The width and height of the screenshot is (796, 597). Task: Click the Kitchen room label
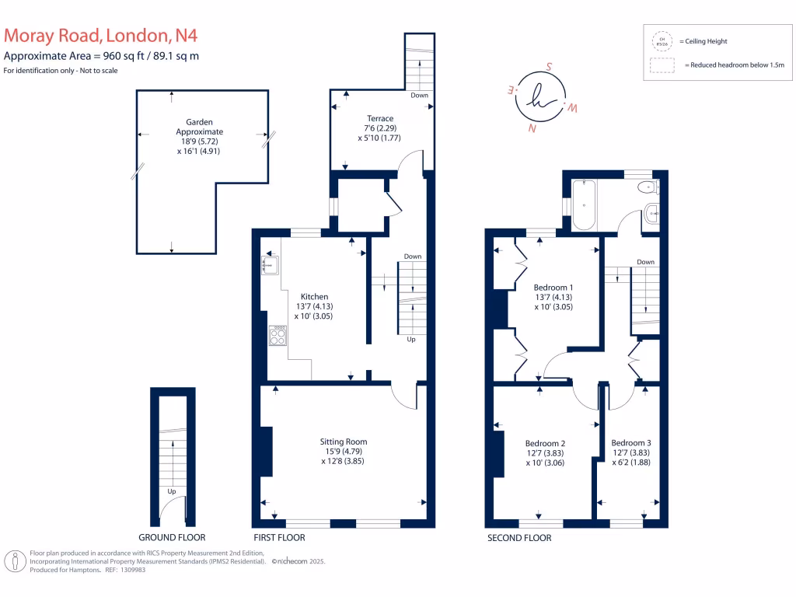(x=314, y=296)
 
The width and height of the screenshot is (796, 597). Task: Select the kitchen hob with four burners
(x=278, y=335)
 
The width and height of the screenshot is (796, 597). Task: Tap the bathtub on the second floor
(x=583, y=204)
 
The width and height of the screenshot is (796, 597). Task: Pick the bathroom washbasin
(x=651, y=211)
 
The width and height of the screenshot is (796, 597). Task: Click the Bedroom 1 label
(x=553, y=288)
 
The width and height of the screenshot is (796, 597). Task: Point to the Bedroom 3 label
(x=630, y=443)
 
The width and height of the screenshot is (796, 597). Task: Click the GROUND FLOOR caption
(x=172, y=537)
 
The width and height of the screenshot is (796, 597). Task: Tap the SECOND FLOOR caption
(x=519, y=537)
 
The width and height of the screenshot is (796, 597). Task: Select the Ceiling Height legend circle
(x=662, y=41)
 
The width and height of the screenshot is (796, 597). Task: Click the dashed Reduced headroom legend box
(x=662, y=65)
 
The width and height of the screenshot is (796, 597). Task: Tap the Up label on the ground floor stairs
(x=171, y=491)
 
